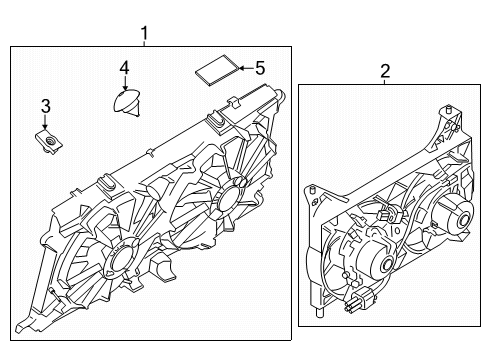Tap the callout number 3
45,105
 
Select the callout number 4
124,68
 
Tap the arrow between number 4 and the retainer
124,83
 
